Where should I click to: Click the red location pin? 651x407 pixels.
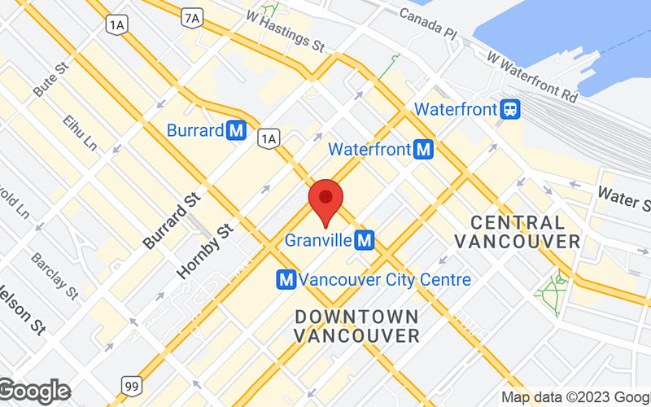pos(326,199)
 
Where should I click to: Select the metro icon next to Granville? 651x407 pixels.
pos(365,240)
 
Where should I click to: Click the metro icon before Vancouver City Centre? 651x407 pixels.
pos(286,279)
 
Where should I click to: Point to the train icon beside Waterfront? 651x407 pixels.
pos(511,108)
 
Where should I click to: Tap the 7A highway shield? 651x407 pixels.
pos(192,16)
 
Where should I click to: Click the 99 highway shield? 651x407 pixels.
pos(130,383)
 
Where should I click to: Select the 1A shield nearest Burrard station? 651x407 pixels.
pos(268,139)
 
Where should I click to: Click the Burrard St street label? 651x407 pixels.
pos(171,221)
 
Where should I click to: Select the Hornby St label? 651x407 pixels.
pos(205,252)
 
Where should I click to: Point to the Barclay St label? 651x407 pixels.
pos(55,274)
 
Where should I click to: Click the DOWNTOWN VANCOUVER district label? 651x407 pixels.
pos(357,325)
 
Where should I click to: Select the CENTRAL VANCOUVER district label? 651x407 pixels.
pos(518,231)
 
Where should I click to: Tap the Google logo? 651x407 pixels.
pos(34,392)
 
